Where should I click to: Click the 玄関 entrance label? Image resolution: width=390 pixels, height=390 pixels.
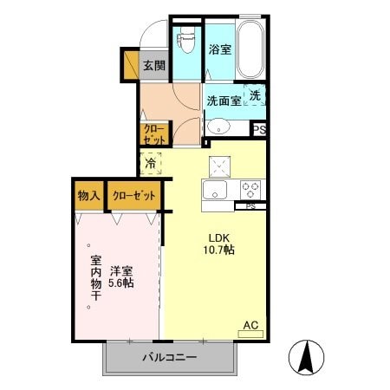pos(155,65)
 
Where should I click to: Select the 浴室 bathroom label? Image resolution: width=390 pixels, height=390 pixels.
pos(219,49)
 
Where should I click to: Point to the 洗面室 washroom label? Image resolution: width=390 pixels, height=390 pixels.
pos(223,101)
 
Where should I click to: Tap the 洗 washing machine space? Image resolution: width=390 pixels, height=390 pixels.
pos(255,97)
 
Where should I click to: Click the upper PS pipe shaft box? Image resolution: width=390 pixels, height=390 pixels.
pos(258,129)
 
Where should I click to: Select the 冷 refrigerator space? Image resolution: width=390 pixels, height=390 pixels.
pos(151,162)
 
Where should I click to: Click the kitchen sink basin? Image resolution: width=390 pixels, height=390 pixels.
pos(213,191)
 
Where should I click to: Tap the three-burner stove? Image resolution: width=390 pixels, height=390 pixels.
pos(251,189)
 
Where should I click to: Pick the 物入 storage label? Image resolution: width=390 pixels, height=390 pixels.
pos(88,196)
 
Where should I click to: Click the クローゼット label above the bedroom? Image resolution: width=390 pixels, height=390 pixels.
pos(134,196)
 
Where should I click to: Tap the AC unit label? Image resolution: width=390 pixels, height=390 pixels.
pos(250,326)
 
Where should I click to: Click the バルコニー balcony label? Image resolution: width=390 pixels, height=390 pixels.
pos(170,358)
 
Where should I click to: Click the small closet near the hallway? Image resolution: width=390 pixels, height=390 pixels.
pos(155,134)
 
